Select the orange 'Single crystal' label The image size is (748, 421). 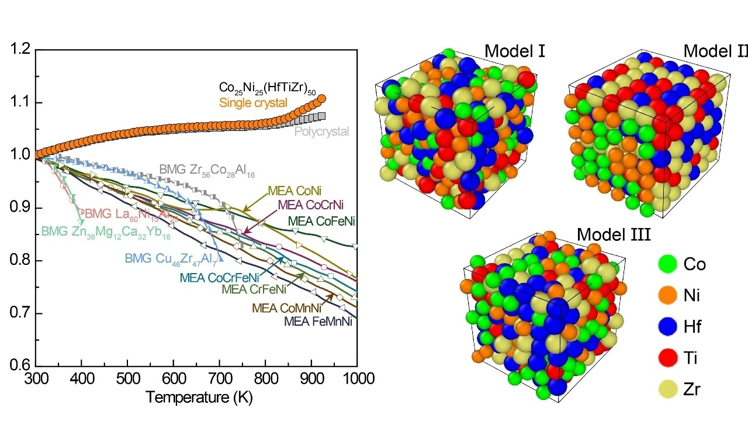(253, 103)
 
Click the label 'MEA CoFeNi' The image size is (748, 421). (322, 221)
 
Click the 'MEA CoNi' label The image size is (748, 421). (295, 191)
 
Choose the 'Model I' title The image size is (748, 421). (515, 51)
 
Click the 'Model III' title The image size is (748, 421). (614, 235)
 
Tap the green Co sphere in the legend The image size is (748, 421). (667, 264)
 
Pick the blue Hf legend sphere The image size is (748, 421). (667, 326)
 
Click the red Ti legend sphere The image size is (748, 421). (667, 357)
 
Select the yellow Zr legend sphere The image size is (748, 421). (667, 389)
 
